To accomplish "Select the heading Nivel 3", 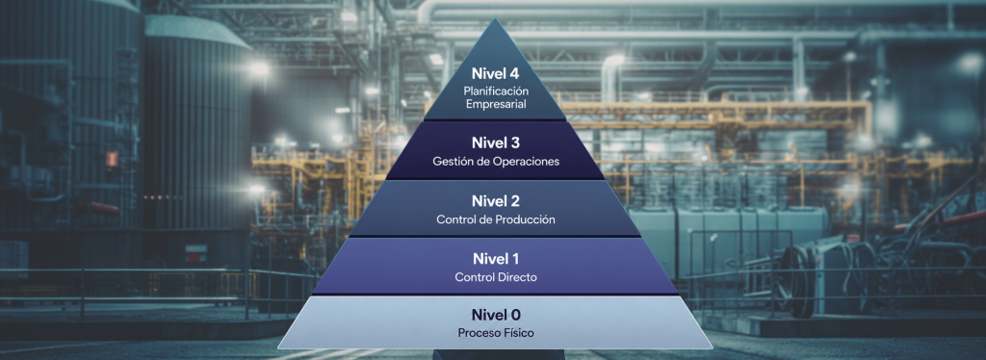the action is click(496, 143).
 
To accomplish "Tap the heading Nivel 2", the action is click(496, 201).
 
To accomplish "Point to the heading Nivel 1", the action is click(496, 258).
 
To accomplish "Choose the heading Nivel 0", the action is click(496, 315).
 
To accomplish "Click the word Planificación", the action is click(496, 91).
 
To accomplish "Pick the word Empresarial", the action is click(496, 104).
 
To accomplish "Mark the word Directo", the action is click(516, 277).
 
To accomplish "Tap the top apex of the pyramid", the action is click(496, 17).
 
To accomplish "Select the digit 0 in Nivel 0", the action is click(514, 315).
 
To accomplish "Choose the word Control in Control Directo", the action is click(473, 277).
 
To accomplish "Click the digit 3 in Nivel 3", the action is click(514, 143).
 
